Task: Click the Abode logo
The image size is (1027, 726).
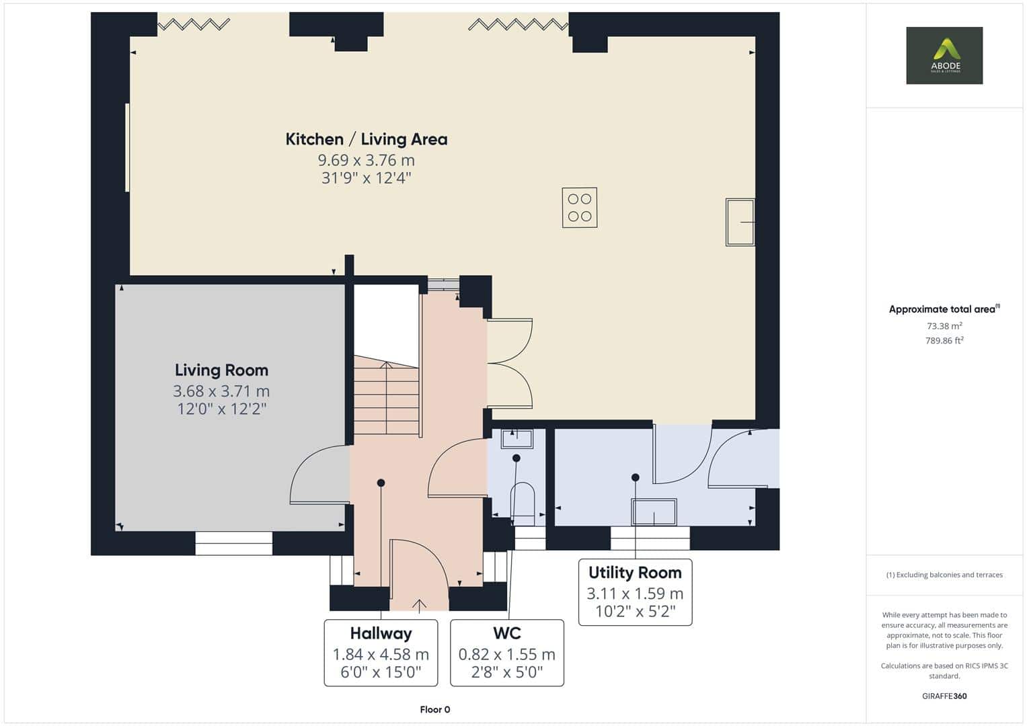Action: (x=944, y=55)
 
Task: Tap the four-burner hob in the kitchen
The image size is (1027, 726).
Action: (x=580, y=208)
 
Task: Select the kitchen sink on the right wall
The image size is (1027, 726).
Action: (x=740, y=223)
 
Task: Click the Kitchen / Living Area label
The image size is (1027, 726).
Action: (x=367, y=139)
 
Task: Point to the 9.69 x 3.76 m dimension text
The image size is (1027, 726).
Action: (x=367, y=161)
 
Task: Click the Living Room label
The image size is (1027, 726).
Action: (x=221, y=370)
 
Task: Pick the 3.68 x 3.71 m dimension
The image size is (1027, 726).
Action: (x=221, y=391)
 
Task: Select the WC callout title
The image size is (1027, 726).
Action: (x=507, y=633)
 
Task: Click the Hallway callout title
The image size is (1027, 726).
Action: (x=381, y=633)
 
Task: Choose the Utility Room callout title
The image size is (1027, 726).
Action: (x=635, y=573)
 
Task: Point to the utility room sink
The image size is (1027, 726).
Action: (x=654, y=512)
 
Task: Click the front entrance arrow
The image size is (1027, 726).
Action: (x=419, y=605)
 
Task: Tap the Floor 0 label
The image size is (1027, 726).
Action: (x=435, y=709)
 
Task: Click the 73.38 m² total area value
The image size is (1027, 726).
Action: (x=944, y=326)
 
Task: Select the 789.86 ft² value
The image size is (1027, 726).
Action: (x=944, y=341)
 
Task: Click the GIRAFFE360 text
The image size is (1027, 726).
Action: (x=944, y=696)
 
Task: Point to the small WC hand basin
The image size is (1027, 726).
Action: (x=517, y=439)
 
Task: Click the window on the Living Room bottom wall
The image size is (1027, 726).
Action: (x=234, y=543)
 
